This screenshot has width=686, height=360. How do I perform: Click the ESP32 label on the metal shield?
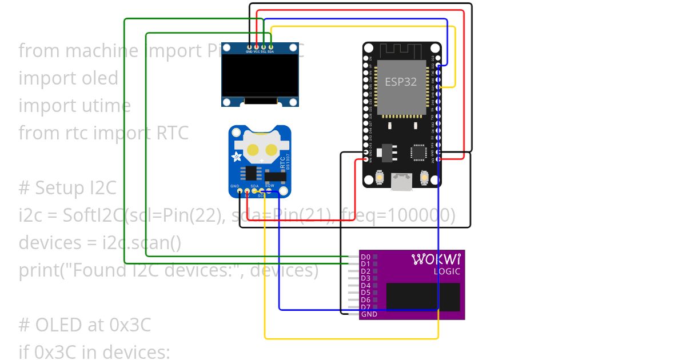(x=400, y=82)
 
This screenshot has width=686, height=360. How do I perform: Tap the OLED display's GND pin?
(x=249, y=46)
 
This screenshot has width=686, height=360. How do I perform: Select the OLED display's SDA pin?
(x=270, y=46)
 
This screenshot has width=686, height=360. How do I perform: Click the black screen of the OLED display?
(x=261, y=76)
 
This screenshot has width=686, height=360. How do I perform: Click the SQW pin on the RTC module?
(x=269, y=191)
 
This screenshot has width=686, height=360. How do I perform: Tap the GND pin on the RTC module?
(x=240, y=191)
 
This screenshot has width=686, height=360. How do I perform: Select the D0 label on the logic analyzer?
(x=366, y=257)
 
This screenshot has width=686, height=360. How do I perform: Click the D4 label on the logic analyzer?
(x=366, y=285)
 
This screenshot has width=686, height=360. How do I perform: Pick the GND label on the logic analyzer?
(x=369, y=314)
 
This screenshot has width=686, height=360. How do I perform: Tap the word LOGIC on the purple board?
(x=446, y=271)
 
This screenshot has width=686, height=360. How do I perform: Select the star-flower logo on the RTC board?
(x=236, y=157)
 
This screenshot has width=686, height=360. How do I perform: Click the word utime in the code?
(x=106, y=106)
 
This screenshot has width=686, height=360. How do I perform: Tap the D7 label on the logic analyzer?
(x=366, y=307)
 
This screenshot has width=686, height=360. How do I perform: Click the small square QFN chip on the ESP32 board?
(x=418, y=153)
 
